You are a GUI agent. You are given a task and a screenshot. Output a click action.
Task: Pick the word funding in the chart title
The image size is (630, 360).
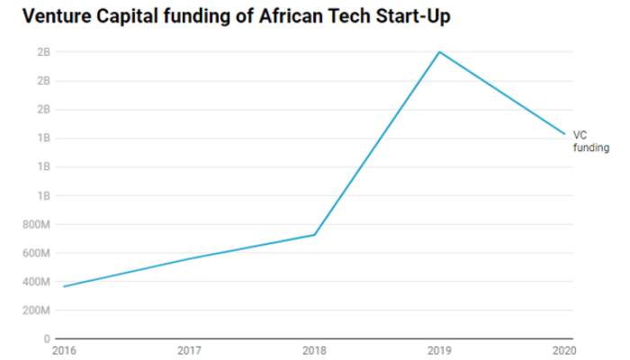[x=194, y=17]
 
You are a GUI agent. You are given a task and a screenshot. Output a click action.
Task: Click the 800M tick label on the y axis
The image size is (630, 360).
[x=37, y=224]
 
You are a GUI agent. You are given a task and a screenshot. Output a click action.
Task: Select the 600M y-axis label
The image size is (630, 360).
[x=37, y=253]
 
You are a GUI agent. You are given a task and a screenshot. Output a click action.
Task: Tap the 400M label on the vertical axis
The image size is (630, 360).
[x=37, y=282]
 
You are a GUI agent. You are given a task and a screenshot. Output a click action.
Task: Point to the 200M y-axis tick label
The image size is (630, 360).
[x=37, y=310]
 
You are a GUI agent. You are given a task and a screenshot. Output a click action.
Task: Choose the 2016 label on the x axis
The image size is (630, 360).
[x=63, y=350]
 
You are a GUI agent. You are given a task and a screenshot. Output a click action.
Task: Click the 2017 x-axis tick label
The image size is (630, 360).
[x=189, y=350]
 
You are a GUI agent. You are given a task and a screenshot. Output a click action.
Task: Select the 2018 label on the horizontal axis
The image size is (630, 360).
[x=314, y=350]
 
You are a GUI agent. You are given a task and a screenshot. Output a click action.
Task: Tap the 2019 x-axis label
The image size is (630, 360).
[x=439, y=350]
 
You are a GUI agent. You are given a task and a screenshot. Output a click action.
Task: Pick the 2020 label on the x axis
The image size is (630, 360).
[x=564, y=350]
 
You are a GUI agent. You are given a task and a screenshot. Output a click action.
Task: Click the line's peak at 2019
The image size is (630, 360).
[x=439, y=52]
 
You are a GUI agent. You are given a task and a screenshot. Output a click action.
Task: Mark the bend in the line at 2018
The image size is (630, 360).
[x=314, y=235]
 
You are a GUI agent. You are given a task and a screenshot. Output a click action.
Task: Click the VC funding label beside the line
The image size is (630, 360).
[x=590, y=141]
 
